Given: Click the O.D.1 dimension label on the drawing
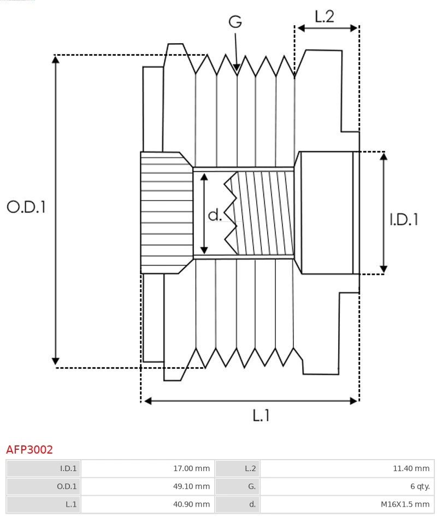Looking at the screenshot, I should tap(26, 207).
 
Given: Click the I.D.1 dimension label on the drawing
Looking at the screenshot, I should tap(404, 219).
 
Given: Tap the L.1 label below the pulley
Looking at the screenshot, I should tap(261, 415).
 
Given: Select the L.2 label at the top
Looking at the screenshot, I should tap(324, 16).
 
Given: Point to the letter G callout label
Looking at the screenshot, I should tap(235, 22).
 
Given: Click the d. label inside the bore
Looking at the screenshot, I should tap(215, 215).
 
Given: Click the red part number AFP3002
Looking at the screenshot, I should tap(30, 450).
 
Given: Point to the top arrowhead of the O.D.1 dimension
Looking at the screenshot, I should tap(55, 57).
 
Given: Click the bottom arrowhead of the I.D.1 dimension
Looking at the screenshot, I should tap(384, 271).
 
